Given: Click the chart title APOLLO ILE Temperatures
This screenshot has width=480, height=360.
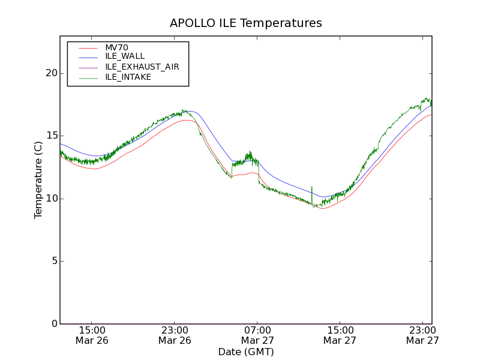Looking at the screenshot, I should coord(246,23).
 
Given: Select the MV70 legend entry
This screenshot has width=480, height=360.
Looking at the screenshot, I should coord(116,47).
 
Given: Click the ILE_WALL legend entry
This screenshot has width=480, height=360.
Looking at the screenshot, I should coord(125,56).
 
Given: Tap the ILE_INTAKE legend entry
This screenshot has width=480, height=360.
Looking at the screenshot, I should coord(128,77).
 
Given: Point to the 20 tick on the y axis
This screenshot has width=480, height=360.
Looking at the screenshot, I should coord(50,73).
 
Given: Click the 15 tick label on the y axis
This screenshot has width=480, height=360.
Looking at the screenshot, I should coord(50,136).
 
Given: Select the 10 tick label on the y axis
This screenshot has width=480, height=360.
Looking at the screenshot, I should coord(50,199).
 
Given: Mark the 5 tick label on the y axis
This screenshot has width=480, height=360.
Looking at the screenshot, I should coord(52,261).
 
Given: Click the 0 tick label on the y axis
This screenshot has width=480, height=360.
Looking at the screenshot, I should coord(52,324).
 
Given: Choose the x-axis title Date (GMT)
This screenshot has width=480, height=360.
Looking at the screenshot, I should coord(246,352).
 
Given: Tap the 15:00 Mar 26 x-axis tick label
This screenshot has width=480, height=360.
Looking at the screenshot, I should coord(92,335).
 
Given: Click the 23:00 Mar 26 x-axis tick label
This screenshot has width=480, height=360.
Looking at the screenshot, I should coord(175,335).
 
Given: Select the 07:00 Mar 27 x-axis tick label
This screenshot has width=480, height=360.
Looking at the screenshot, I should coord(257,335).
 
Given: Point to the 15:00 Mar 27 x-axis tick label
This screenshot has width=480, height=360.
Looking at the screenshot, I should coord(340,335).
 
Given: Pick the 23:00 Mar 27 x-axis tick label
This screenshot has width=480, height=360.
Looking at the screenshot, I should coord(422,335).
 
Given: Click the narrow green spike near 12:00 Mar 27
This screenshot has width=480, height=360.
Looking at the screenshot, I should coord(312,193).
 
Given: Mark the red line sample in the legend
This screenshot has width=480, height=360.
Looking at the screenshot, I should coord(88,47).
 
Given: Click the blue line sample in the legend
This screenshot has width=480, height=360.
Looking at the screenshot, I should coord(88,56).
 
